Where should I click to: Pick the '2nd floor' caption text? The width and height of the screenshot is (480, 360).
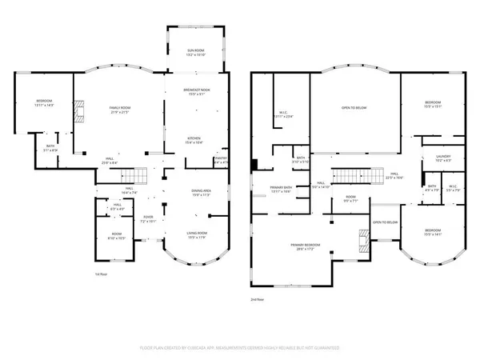click(x=258, y=301)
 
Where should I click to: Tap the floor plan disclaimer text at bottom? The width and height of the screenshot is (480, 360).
click(x=239, y=349)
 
